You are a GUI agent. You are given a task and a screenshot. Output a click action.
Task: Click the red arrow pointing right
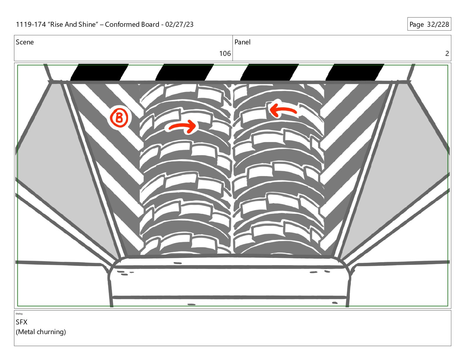click(x=183, y=126)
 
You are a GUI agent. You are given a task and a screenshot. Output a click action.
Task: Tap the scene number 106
click(x=225, y=54)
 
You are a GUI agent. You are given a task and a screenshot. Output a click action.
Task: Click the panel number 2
click(x=447, y=54)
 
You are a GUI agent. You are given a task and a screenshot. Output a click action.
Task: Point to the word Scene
click(x=25, y=42)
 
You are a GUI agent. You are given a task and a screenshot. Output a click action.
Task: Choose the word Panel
click(x=242, y=42)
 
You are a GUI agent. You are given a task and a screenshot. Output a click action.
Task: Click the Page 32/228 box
click(x=429, y=24)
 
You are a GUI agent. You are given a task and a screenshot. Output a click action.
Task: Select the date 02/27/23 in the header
click(x=179, y=24)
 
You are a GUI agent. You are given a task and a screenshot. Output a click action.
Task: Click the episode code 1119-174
click(x=31, y=24)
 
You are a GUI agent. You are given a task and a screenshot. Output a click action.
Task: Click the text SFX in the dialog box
click(x=22, y=322)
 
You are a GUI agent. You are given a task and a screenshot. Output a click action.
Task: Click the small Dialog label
click(x=19, y=314)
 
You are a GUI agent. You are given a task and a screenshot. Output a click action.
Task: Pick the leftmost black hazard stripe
click(x=99, y=72)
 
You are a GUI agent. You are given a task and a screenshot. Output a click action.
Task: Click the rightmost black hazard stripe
click(x=355, y=72)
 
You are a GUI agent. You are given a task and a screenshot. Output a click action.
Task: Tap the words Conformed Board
click(x=132, y=24)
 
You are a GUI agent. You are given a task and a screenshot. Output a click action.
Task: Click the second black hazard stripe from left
click(x=184, y=72)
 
